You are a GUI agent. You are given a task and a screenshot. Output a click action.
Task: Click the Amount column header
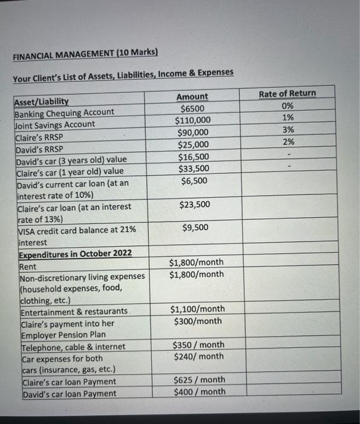point(192,96)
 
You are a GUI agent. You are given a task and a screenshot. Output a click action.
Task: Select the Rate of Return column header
point(287,93)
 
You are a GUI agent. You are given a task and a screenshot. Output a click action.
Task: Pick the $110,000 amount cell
point(193,121)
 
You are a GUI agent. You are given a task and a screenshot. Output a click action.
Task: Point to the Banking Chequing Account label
point(64,112)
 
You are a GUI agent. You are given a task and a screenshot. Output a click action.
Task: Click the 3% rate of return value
point(288,130)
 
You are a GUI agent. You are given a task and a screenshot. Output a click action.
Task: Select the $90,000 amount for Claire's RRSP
point(193,133)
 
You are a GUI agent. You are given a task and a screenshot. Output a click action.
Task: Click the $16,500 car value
point(193,156)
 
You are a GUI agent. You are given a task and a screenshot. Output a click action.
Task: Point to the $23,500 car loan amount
point(195,205)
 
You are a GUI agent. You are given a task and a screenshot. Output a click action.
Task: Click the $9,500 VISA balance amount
point(195,228)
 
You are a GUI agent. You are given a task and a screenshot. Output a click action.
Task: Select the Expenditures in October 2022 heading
point(72,253)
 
